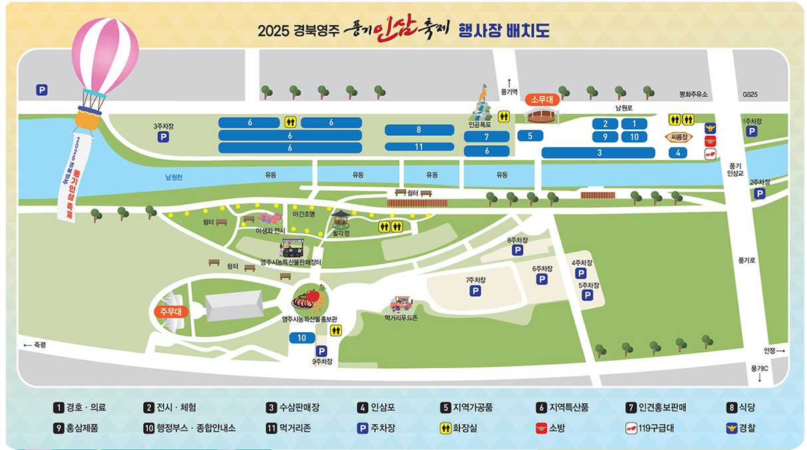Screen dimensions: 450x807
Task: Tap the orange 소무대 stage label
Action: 543,100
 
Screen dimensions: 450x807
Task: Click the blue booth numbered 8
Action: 419,130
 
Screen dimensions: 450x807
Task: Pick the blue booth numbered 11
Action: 419,146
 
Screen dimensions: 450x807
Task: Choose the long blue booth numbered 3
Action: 599,153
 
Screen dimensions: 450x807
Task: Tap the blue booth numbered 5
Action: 530,136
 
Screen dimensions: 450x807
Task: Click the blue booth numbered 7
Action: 487,136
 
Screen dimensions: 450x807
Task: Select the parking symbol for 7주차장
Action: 475,291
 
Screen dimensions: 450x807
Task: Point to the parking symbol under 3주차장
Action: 162,137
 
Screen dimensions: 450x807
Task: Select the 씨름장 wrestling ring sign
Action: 678,138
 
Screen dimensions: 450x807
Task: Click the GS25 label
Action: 750,95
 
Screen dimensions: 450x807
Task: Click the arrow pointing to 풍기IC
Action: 760,377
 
